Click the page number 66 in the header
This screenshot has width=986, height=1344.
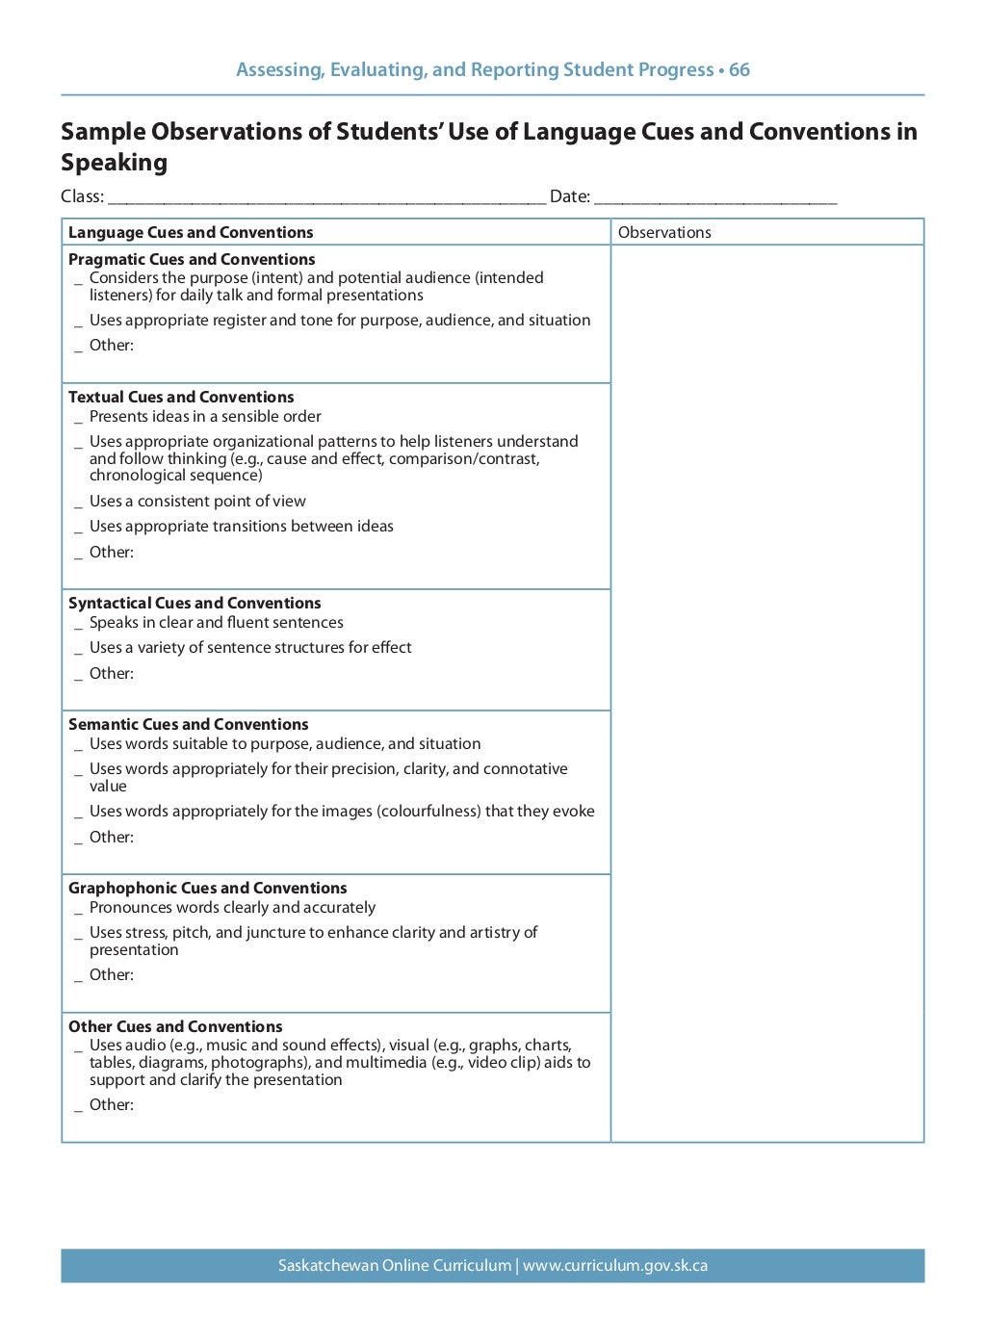pyautogui.click(x=739, y=70)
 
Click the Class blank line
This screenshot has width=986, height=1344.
pyautogui.click(x=326, y=198)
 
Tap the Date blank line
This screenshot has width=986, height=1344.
pyautogui.click(x=714, y=198)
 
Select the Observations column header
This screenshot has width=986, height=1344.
pyautogui.click(x=664, y=233)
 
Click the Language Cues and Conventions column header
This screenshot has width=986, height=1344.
pyautogui.click(x=191, y=233)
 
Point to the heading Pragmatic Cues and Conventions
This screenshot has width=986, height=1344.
pyautogui.click(x=192, y=260)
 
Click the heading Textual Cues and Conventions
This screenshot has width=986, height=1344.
pyautogui.click(x=181, y=398)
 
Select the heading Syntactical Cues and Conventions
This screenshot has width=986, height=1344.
pyautogui.click(x=195, y=604)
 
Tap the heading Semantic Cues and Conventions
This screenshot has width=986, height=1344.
pyautogui.click(x=189, y=725)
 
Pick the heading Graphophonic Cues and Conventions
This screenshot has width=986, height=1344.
pyautogui.click(x=207, y=889)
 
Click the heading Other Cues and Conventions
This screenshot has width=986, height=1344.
pyautogui.click(x=175, y=1027)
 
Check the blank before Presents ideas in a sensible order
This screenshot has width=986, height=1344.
pyautogui.click(x=79, y=419)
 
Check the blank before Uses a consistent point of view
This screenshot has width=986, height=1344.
pyautogui.click(x=79, y=504)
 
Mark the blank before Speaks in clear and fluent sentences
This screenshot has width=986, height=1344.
pyautogui.click(x=79, y=625)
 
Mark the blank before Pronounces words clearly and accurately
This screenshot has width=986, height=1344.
pyautogui.click(x=79, y=910)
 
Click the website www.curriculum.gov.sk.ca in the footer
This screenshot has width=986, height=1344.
pyautogui.click(x=615, y=1266)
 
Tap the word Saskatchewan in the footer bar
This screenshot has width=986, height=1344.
pyautogui.click(x=327, y=1266)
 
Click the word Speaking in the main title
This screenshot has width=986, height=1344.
pyautogui.click(x=114, y=163)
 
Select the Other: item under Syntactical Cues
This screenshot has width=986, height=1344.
pyautogui.click(x=111, y=674)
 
